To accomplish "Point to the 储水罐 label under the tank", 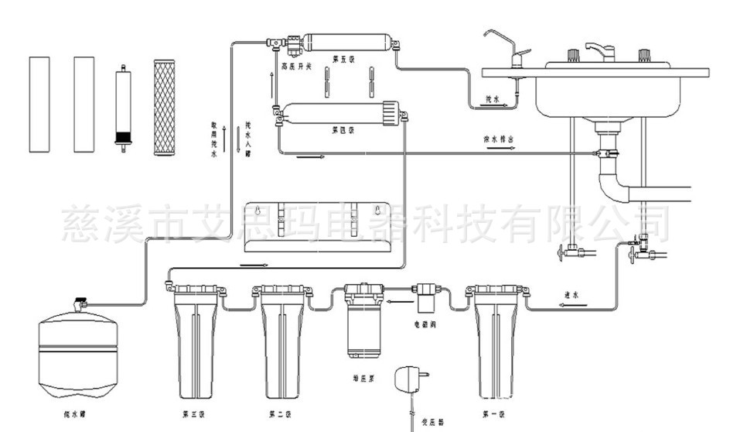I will pos(77,414).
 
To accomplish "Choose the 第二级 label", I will pos(279,414).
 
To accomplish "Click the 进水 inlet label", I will pos(572,294).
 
